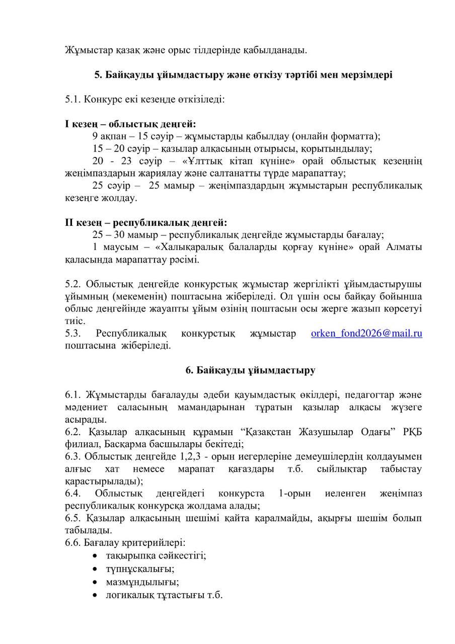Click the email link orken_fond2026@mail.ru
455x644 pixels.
click(x=366, y=334)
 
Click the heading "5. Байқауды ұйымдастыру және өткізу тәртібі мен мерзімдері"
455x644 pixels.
click(x=244, y=75)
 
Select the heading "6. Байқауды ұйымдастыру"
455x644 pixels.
click(x=250, y=370)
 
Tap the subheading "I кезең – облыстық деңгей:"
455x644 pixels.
click(x=130, y=124)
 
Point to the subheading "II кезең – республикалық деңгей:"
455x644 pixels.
click(x=146, y=222)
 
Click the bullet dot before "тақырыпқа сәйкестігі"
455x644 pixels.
click(x=96, y=555)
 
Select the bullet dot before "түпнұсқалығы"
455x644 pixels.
click(x=96, y=569)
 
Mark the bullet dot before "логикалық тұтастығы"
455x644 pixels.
click(x=96, y=595)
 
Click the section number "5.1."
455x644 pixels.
click(x=73, y=99)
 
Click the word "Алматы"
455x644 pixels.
click(x=405, y=248)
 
